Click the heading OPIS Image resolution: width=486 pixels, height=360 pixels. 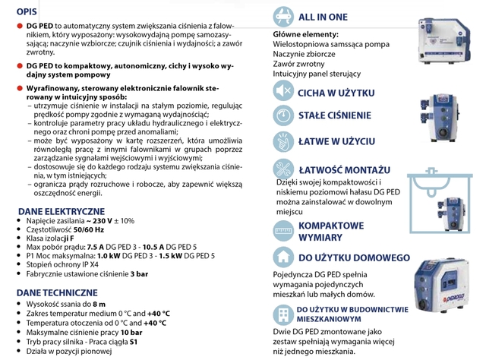tap(17, 11)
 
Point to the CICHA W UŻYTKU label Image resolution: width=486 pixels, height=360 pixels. tap(336, 92)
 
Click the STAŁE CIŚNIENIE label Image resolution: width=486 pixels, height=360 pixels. tap(335, 115)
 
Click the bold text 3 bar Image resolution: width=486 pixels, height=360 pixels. tap(139, 273)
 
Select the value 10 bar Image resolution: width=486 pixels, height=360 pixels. tap(130, 332)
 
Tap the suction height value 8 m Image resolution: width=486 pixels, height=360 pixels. tap(98, 303)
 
